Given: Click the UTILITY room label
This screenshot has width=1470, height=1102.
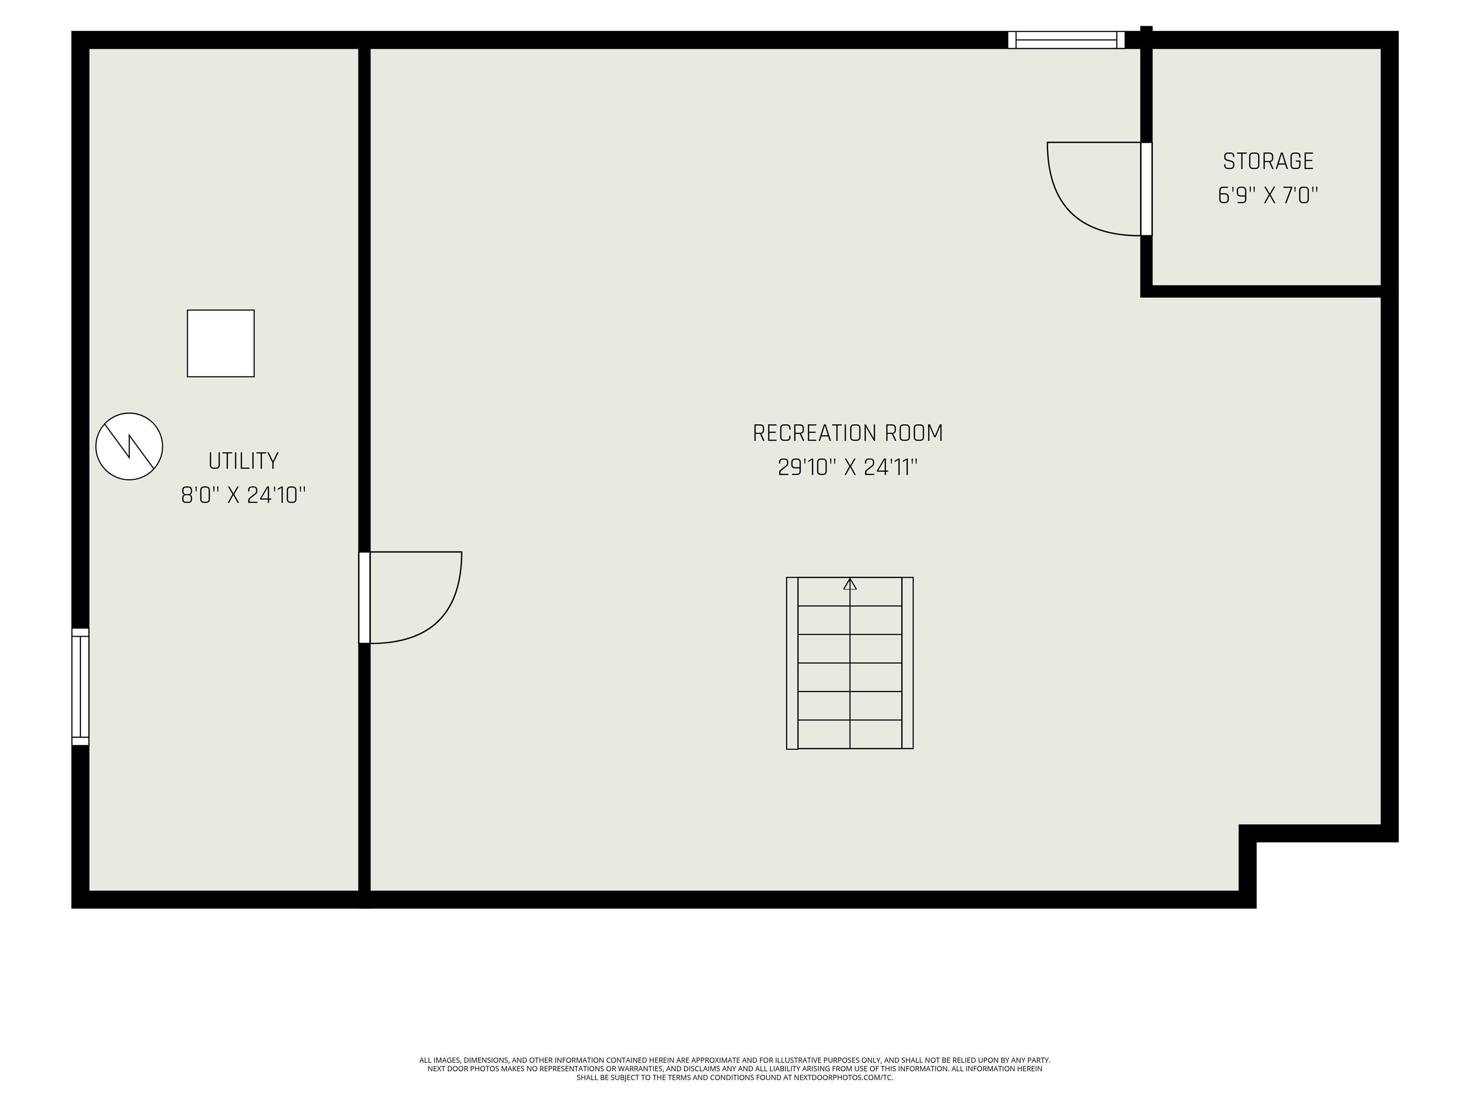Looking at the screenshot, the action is [243, 461].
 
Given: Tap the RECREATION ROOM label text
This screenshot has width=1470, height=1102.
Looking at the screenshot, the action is [847, 433].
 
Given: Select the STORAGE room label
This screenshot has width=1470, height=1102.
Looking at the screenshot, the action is [1268, 161].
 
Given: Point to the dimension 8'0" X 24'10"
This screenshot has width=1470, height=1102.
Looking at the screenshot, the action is [243, 496].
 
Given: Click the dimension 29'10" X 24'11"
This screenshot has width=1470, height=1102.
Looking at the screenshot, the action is [847, 468].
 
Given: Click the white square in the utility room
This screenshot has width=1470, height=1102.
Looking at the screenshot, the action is [221, 343].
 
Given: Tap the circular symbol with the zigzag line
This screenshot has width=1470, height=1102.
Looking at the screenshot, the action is [129, 446].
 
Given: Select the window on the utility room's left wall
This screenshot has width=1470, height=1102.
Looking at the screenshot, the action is [80, 687].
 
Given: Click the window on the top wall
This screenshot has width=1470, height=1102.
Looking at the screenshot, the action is [1066, 40].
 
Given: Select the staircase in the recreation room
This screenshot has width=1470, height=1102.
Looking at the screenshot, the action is [850, 663].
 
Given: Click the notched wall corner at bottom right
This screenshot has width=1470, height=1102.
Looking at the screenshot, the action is [1247, 833].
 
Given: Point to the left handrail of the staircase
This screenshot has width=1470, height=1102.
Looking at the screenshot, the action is [792, 663].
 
